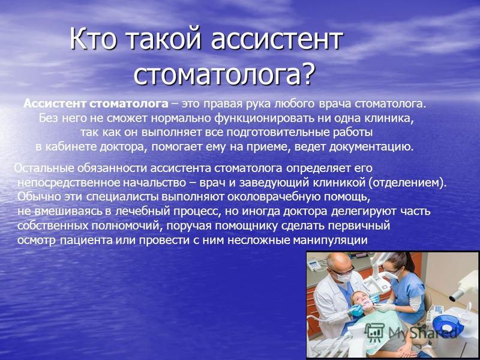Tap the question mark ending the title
(x=307, y=73)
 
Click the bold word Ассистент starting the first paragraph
(x=55, y=104)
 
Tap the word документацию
(x=371, y=147)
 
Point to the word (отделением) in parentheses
(x=407, y=183)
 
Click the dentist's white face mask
(x=344, y=277)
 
